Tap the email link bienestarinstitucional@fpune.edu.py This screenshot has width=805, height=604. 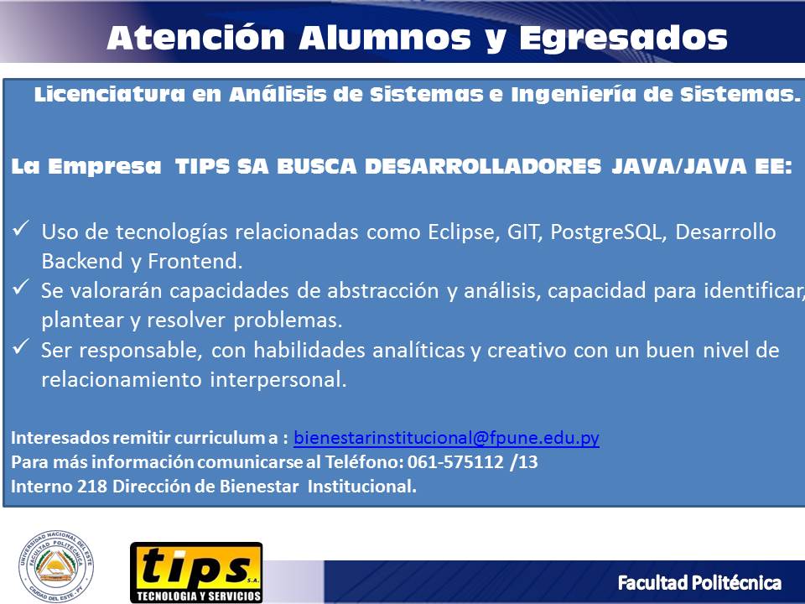[446, 438]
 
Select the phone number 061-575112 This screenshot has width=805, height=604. [455, 461]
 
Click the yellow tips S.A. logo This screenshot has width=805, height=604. [196, 572]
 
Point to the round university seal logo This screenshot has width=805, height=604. [56, 566]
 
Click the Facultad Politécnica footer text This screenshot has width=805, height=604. [699, 583]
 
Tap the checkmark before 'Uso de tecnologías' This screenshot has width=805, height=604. [20, 227]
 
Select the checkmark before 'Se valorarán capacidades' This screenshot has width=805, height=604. [20, 287]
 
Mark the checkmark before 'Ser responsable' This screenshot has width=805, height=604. [20, 346]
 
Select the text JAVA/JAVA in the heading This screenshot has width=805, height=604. [678, 166]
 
